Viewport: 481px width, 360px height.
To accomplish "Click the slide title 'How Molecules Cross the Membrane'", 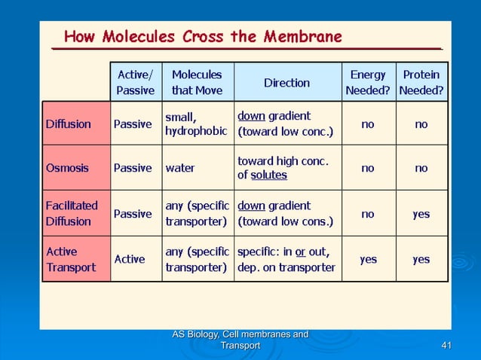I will point(202,36).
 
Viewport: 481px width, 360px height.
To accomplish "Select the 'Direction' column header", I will point(286,83).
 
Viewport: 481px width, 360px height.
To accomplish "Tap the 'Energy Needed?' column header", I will point(367,83).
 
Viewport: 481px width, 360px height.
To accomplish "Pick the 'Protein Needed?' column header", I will point(421,83).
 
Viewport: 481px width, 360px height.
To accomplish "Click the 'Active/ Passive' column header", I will point(136,83).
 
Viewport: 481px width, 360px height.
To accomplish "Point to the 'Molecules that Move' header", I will point(197,83).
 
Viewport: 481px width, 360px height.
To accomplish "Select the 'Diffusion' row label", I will point(69,124).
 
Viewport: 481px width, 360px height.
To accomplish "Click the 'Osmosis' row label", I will point(67,168).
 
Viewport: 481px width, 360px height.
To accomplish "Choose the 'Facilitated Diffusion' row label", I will point(72,213).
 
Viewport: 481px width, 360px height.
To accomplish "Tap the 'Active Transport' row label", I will point(70,259).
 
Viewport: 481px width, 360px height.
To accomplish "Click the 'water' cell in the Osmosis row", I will point(179,169).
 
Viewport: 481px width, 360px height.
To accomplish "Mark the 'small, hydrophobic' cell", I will point(195,124).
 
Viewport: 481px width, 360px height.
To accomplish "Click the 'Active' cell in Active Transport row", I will point(129,259).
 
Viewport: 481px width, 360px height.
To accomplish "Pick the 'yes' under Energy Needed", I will point(368,259).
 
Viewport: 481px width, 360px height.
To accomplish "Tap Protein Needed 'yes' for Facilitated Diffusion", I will point(421,214).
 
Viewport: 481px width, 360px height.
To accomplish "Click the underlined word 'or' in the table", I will point(300,252).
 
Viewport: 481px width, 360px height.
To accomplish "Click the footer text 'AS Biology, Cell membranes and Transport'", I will point(240,340).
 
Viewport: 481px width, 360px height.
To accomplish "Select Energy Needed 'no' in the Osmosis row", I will point(367,169).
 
